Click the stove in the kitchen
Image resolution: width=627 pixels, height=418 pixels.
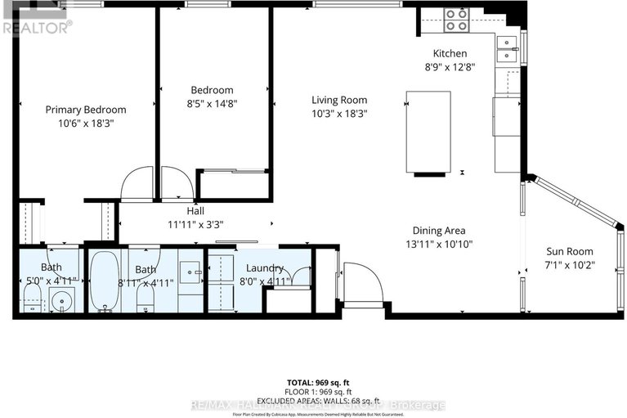click(455, 20)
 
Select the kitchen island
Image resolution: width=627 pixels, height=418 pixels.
click(428, 132)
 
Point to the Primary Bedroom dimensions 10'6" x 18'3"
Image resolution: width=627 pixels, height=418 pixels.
click(85, 123)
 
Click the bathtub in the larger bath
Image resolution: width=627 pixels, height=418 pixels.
click(105, 281)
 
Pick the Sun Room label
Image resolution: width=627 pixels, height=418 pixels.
click(570, 251)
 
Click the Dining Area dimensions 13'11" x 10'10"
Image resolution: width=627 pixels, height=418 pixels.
click(439, 244)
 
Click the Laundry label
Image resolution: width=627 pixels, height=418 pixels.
click(262, 268)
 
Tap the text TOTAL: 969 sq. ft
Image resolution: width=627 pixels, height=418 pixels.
click(314, 382)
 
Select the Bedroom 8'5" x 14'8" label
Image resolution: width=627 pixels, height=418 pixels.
click(212, 97)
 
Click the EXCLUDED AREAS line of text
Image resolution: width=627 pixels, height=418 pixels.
click(314, 400)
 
